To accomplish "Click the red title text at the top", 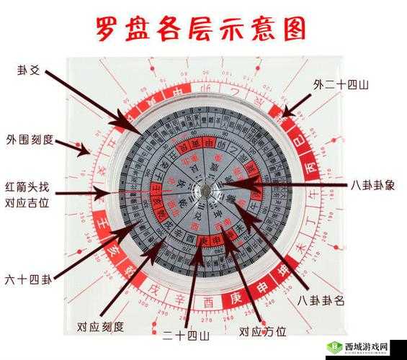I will point(201,30).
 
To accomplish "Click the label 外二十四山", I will point(341,85).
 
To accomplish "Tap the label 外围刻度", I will point(30,139).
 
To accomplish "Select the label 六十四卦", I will point(28,279).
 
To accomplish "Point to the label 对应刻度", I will point(100,329).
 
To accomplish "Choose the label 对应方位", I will point(262,331).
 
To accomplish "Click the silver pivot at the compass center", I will point(204,191).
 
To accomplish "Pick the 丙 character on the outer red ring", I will point(310,166).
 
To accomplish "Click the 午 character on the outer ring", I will point(313,193).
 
